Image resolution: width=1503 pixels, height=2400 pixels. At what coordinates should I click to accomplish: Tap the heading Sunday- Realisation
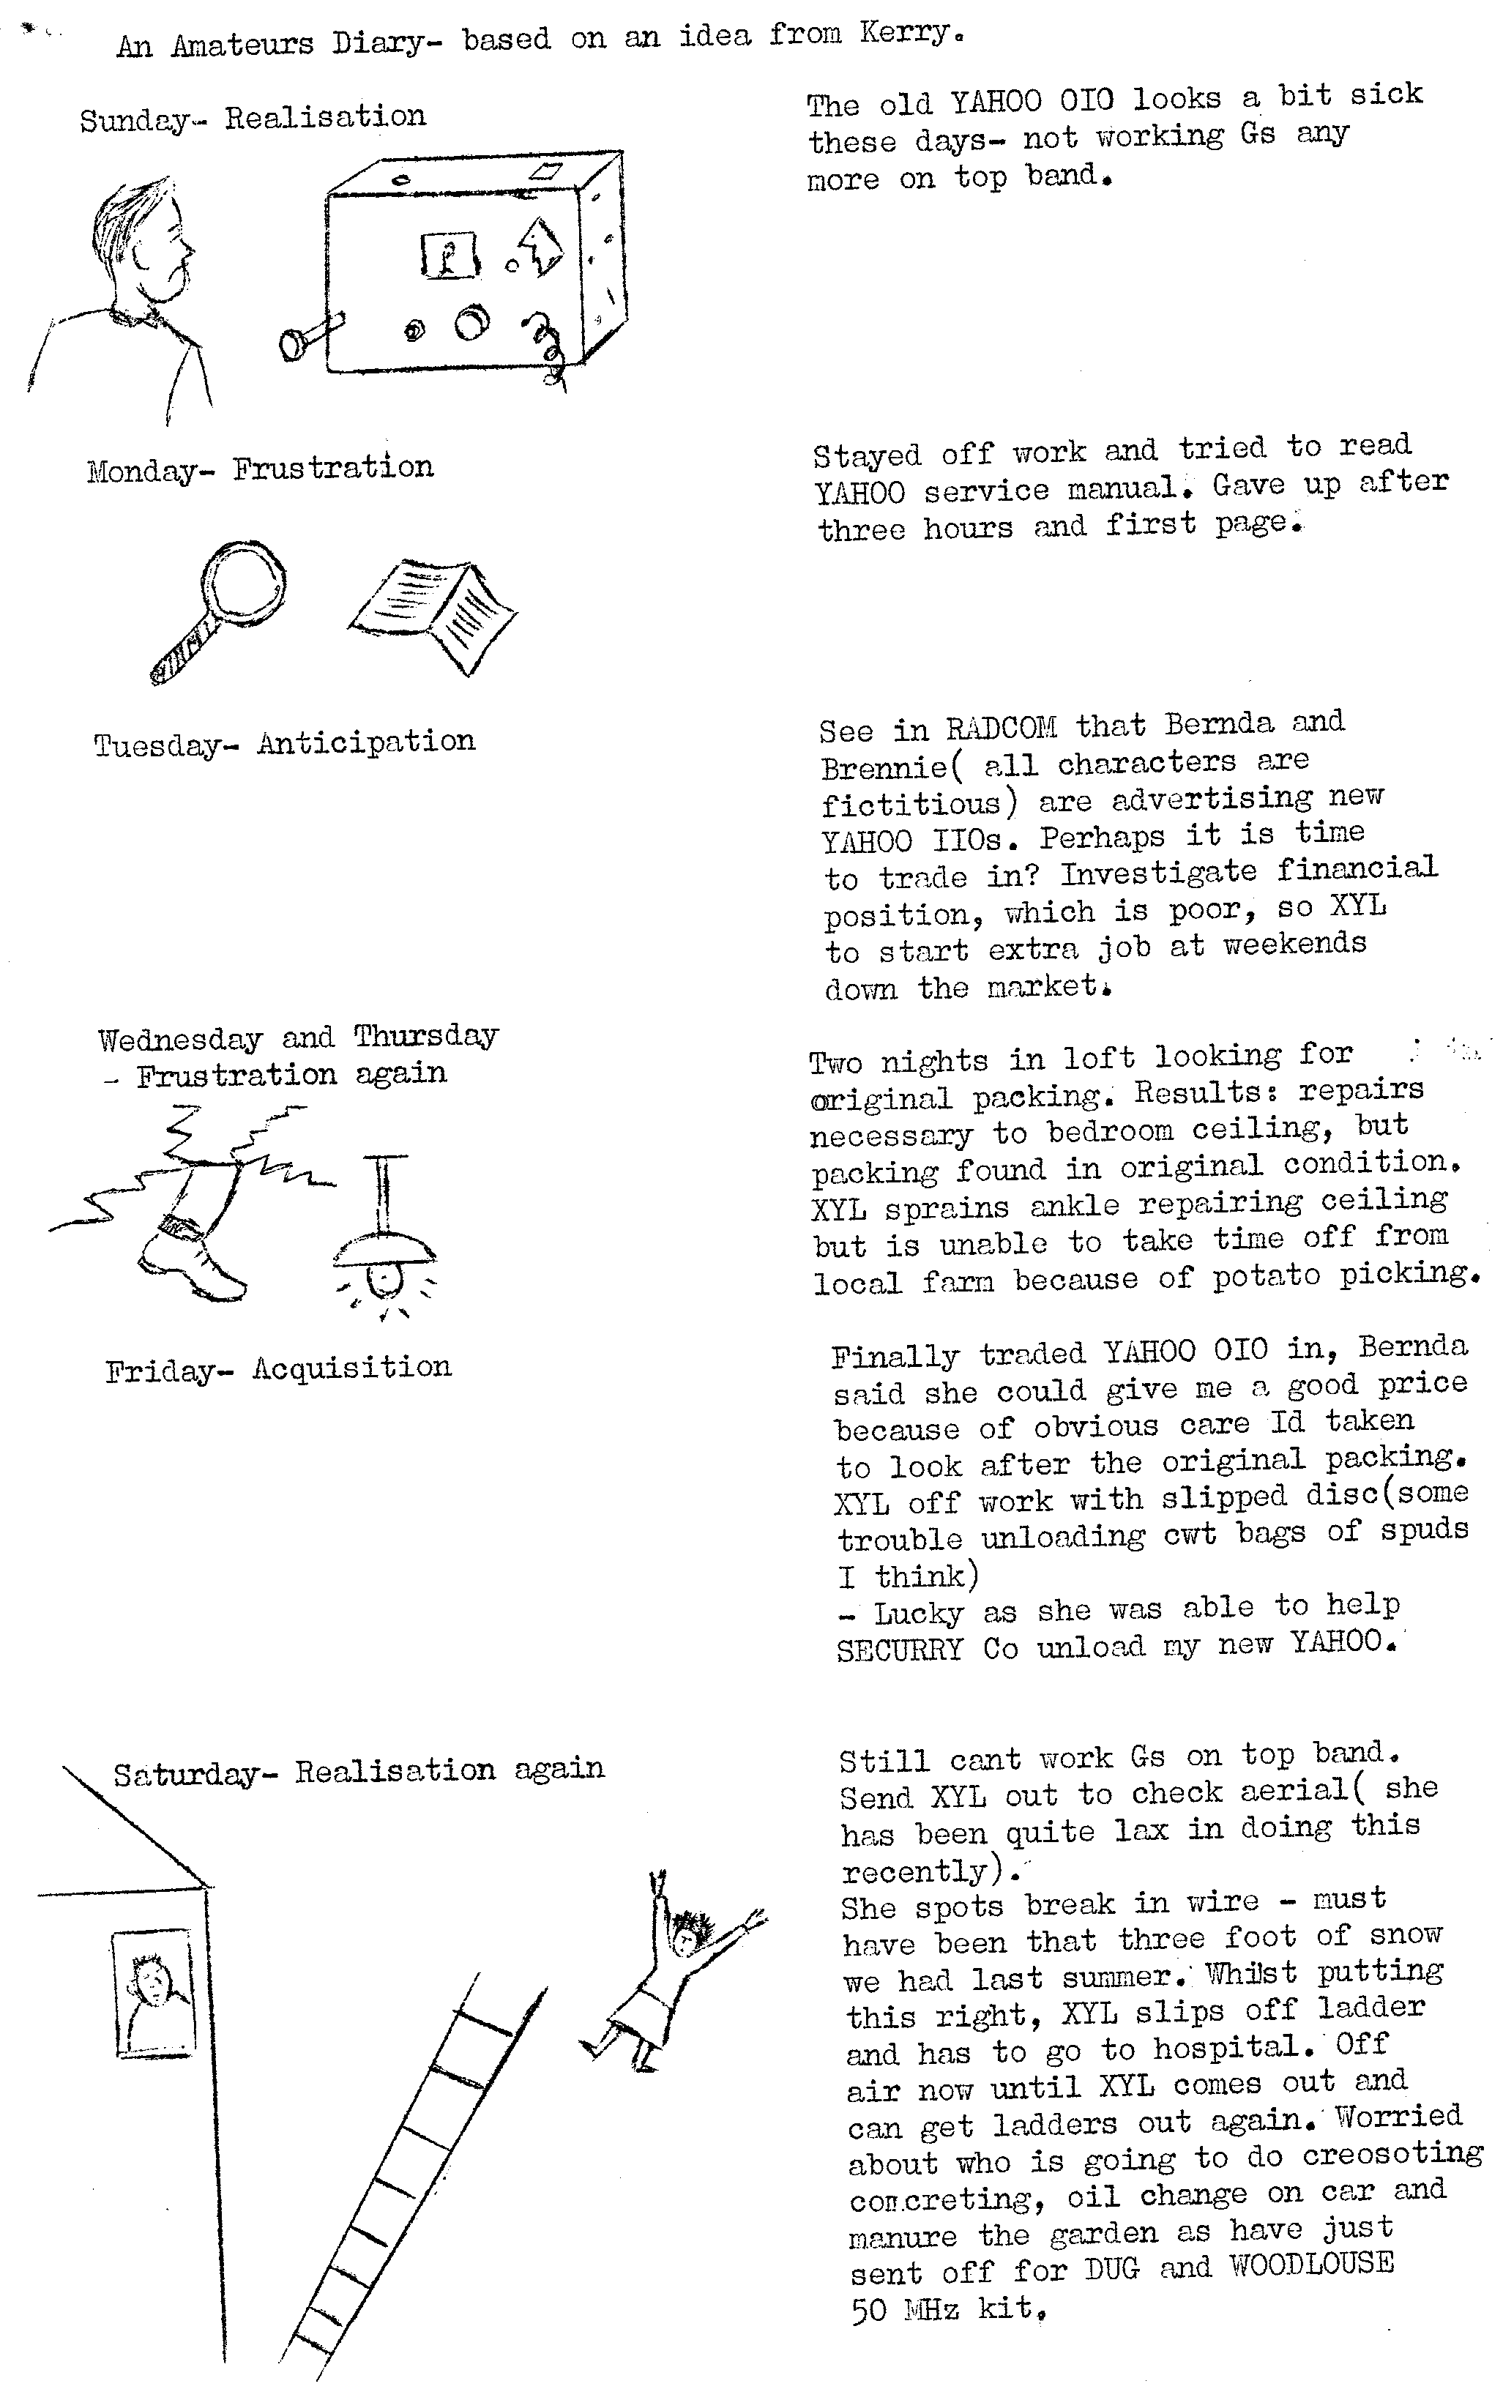[253, 119]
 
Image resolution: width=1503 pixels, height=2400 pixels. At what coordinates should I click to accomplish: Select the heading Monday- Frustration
[261, 469]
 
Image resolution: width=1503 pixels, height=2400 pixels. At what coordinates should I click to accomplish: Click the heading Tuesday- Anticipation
[284, 742]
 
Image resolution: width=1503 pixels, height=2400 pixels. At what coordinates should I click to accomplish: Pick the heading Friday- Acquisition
[278, 1369]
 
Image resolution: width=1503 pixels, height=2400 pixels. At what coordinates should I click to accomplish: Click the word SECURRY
[900, 1650]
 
